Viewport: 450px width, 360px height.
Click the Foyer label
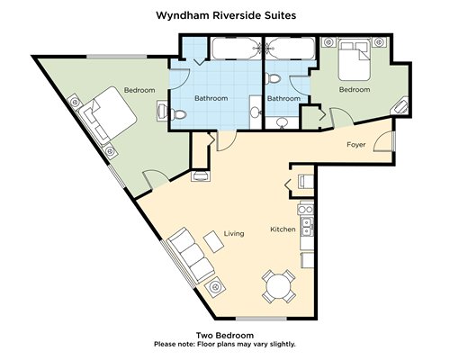tap(356, 145)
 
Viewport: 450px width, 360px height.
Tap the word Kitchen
tap(283, 229)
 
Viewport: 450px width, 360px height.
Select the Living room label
tap(234, 233)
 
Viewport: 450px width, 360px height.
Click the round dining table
tap(279, 286)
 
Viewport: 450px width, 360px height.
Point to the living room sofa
tap(190, 256)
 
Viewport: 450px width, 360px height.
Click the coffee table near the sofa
tap(213, 241)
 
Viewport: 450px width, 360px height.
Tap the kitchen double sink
tap(307, 227)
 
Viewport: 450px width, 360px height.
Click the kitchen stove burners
tap(305, 209)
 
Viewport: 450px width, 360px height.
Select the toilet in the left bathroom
tap(179, 114)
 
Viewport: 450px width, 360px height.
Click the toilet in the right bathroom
tap(273, 78)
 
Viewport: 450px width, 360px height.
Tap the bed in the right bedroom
tap(354, 61)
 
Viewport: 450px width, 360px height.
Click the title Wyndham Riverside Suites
tap(226, 15)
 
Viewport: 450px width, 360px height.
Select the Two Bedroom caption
tap(225, 335)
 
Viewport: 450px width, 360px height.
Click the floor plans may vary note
tap(225, 344)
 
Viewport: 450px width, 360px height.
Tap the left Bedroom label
tap(139, 90)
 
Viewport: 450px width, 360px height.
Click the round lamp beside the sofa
tap(215, 287)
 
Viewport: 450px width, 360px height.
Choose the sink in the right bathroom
tap(282, 122)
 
